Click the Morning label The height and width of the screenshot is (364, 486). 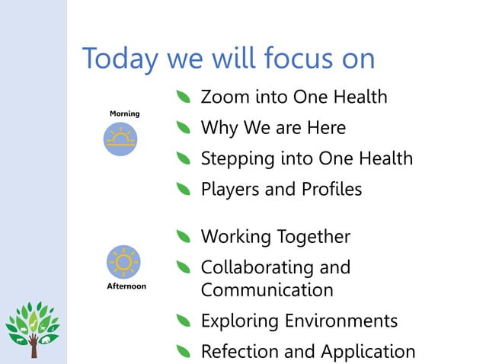[124, 113]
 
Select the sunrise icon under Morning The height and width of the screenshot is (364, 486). [120, 140]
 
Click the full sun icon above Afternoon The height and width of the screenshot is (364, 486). [122, 261]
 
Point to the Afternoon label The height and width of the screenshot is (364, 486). [125, 287]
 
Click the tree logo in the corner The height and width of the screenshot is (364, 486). [33, 329]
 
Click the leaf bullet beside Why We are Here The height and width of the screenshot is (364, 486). [183, 129]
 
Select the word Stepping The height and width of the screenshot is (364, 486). [234, 159]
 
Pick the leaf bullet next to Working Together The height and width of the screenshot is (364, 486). [183, 238]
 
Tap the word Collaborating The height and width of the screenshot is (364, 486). [256, 268]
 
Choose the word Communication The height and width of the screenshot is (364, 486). [267, 290]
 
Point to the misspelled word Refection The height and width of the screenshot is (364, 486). [236, 351]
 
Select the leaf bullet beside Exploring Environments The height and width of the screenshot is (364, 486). [183, 321]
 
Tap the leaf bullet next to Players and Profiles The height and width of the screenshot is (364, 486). [183, 190]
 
